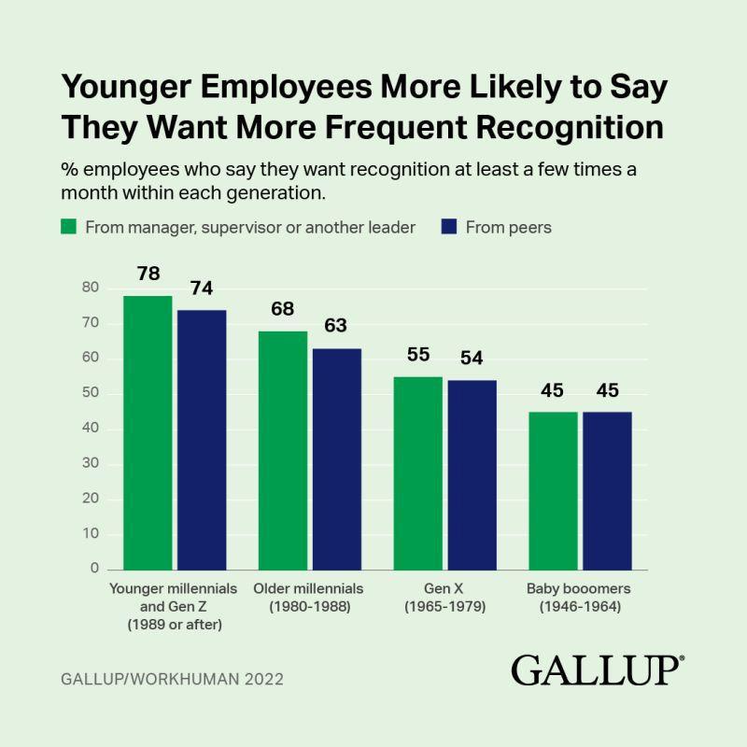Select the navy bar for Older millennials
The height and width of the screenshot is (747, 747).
tap(336, 458)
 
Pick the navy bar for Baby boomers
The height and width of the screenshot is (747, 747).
tap(607, 490)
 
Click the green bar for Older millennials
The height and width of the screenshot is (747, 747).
tap(283, 450)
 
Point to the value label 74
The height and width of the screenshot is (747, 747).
tap(201, 289)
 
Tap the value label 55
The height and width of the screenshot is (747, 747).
tap(418, 357)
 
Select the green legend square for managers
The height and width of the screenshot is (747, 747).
tap(68, 227)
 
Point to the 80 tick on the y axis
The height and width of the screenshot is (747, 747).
tap(89, 289)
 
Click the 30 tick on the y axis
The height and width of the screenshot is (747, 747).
tap(89, 464)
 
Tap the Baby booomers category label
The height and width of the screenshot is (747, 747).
tap(579, 589)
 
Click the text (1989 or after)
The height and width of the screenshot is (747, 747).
tap(175, 625)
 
